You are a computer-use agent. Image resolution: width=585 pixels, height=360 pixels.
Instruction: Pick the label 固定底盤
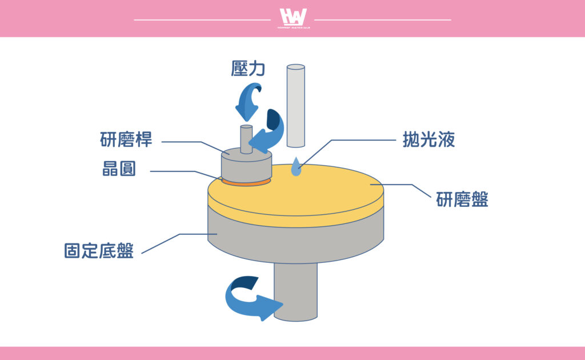pyautogui.click(x=99, y=251)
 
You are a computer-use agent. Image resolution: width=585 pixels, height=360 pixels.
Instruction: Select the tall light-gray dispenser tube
pyautogui.click(x=295, y=106)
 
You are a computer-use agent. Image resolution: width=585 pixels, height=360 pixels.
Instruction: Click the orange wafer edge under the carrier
pyautogui.click(x=246, y=183)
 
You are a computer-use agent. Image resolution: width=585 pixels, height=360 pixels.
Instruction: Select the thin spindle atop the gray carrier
pyautogui.click(x=246, y=138)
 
